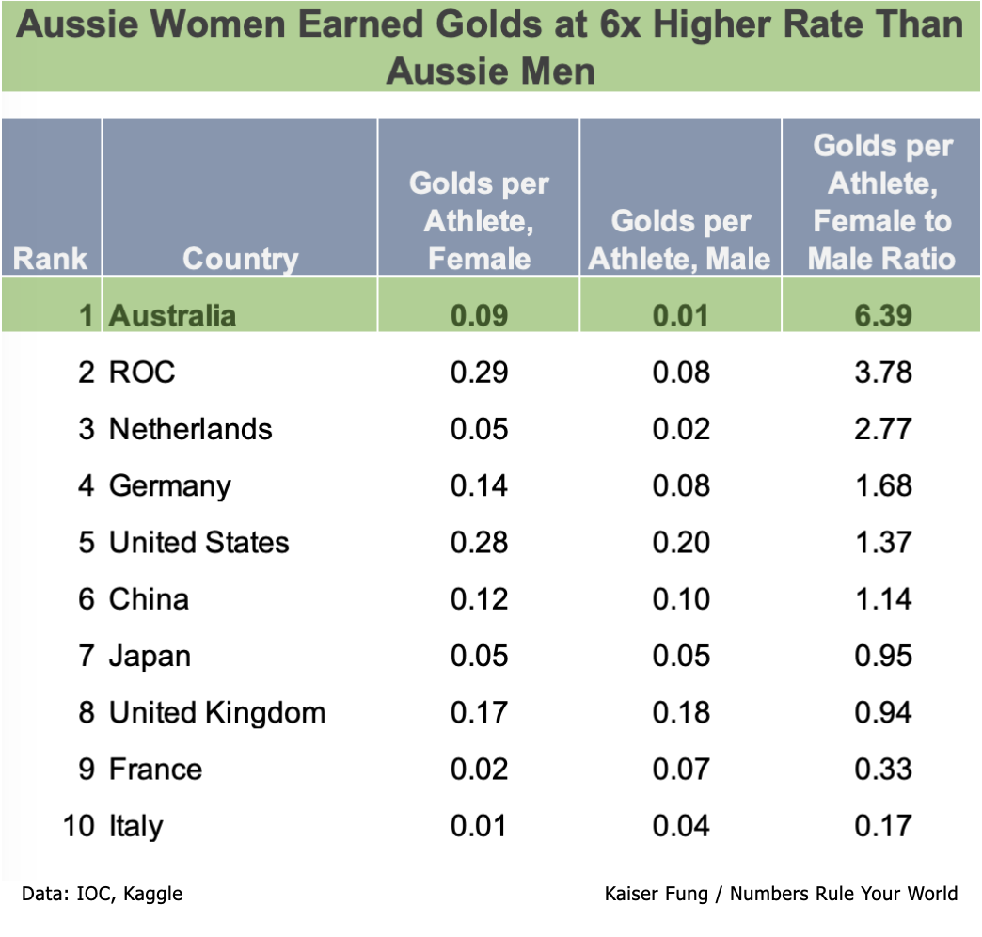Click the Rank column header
51,259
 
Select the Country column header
240,259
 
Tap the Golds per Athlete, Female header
479,221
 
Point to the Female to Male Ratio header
881,202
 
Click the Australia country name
172,315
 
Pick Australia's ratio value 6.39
882,315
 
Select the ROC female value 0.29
479,373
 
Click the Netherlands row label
190,429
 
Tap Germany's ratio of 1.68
882,485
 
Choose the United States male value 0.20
680,543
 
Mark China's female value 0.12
479,599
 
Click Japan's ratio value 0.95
882,656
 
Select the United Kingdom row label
217,712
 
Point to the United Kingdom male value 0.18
680,712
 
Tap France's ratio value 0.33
882,770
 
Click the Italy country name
135,826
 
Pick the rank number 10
79,826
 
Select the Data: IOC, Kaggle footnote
102,894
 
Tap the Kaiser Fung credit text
781,894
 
